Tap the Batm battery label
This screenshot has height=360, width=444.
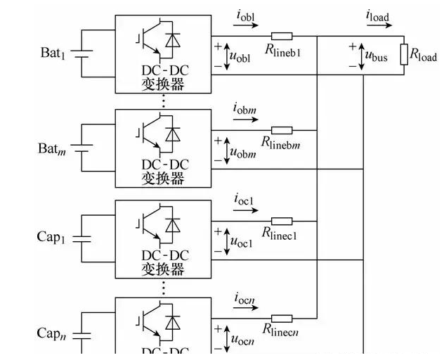(x=52, y=148)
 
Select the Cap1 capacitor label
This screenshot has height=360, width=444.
(x=53, y=237)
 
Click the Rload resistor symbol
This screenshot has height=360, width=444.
(x=404, y=55)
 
